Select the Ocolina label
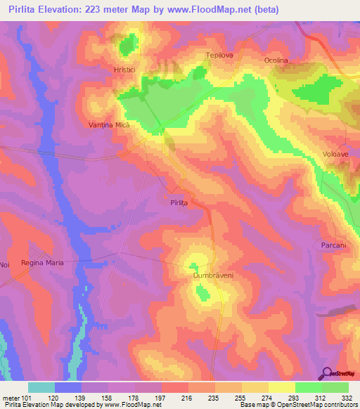pos(276,60)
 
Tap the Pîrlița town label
pos(180,202)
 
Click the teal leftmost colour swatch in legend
pos(41,387)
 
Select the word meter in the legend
pos(10,396)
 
